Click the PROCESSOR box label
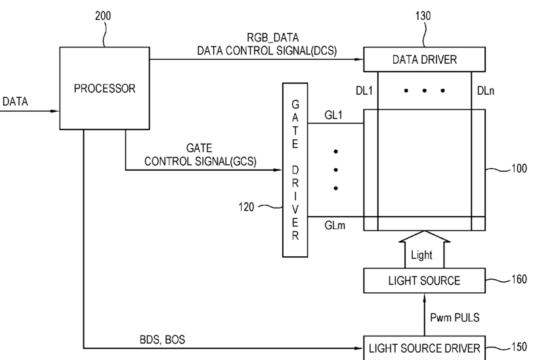click(x=105, y=89)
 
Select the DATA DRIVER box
click(x=424, y=60)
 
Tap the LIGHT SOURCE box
click(x=424, y=281)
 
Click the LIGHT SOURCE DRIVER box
click(x=424, y=348)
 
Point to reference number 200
click(x=102, y=16)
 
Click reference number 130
click(x=423, y=16)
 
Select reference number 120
click(x=246, y=207)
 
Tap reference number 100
click(x=519, y=168)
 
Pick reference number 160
click(x=519, y=279)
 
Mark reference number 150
click(x=519, y=347)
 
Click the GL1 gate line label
click(x=333, y=116)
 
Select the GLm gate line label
click(x=335, y=225)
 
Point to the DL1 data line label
click(x=364, y=91)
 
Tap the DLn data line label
click(x=486, y=91)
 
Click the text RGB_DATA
click(x=272, y=37)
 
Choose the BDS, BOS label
click(x=163, y=340)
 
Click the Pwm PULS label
click(x=455, y=317)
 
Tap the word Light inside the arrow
click(x=421, y=255)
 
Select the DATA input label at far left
click(x=15, y=101)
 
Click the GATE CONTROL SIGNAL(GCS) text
click(x=200, y=154)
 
